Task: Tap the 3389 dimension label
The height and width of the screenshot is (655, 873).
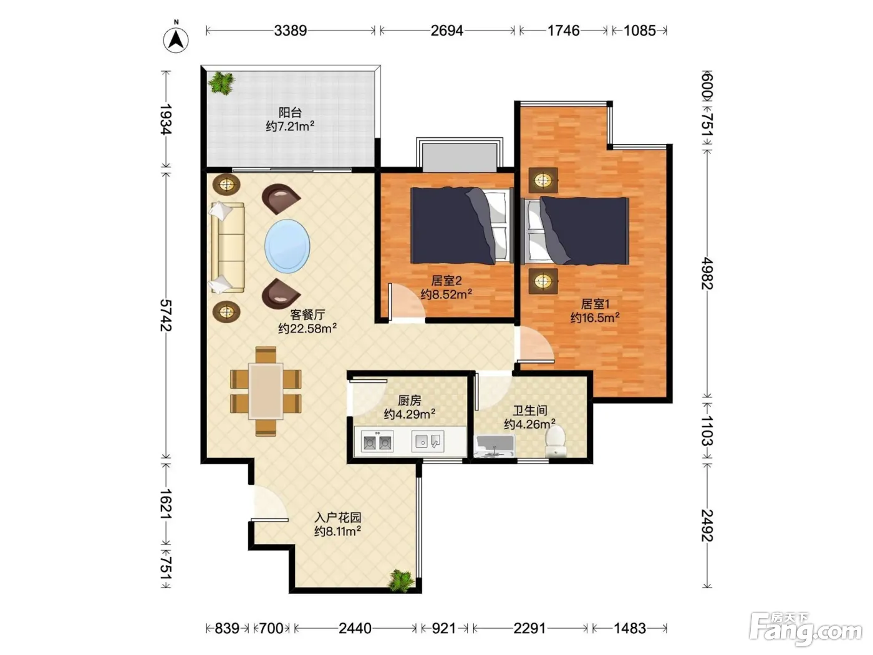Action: [x=291, y=31]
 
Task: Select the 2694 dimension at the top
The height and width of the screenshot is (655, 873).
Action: [x=447, y=31]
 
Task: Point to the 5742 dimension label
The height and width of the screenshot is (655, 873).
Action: [x=166, y=316]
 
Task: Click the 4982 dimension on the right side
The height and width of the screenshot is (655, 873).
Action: [x=707, y=273]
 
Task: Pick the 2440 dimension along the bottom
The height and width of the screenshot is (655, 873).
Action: [x=355, y=628]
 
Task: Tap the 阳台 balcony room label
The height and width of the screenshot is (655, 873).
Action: [x=290, y=112]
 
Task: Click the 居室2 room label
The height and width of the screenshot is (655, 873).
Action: [x=446, y=281]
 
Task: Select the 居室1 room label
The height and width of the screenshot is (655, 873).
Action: [x=595, y=304]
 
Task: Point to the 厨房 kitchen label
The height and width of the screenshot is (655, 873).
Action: [x=409, y=400]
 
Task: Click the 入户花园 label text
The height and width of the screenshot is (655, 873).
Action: [x=338, y=517]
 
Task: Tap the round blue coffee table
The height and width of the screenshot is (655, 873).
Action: [x=287, y=246]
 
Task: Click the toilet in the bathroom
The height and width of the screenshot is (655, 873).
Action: [x=555, y=440]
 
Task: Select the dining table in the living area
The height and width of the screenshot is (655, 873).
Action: [x=266, y=391]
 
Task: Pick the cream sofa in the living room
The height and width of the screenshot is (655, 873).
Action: [x=228, y=248]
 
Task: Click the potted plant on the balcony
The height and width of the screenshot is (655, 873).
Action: [x=221, y=83]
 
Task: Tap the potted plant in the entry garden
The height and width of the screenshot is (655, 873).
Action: [x=401, y=581]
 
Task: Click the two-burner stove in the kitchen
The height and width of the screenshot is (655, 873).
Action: [x=377, y=442]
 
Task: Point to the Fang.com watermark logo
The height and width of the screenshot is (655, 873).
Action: [x=806, y=629]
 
